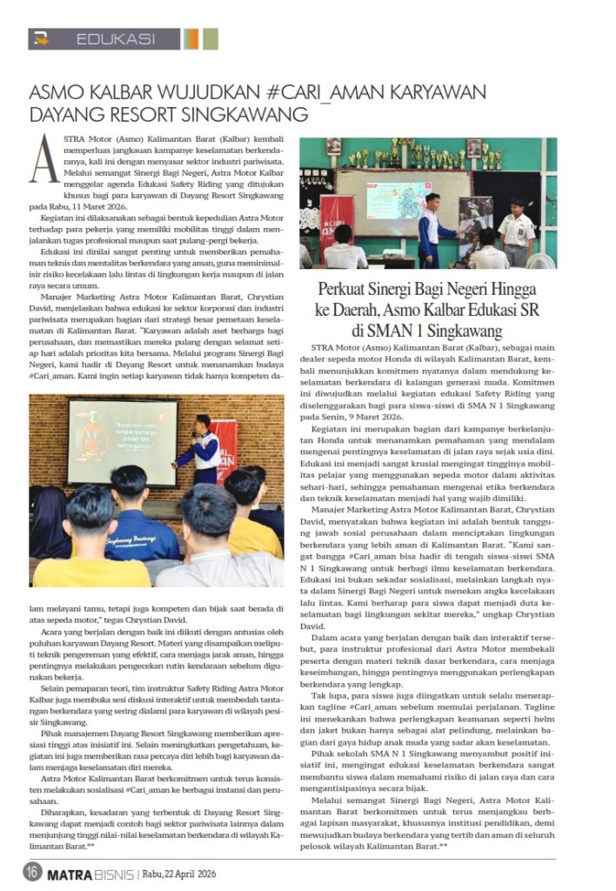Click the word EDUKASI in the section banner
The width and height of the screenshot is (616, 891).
(x=116, y=39)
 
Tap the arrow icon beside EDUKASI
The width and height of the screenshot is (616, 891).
(x=43, y=39)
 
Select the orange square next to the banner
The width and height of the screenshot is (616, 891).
(x=191, y=39)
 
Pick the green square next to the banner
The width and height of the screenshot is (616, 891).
(x=211, y=39)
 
